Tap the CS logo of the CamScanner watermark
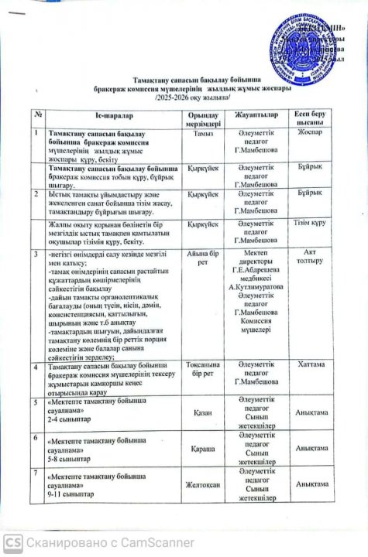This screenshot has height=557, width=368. [x=13, y=543]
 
